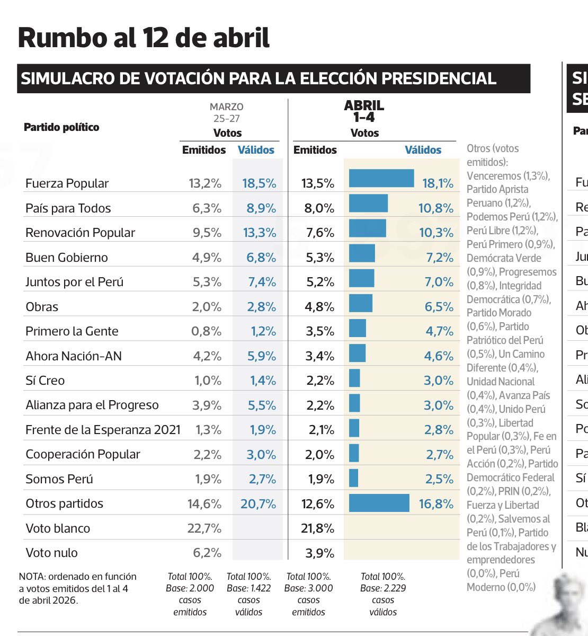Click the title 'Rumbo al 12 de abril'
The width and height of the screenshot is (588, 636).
pos(144,38)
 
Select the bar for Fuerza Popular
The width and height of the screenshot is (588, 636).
pos(381,179)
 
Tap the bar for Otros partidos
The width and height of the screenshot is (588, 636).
pos(379,503)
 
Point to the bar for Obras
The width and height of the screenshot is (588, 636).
pos(361,303)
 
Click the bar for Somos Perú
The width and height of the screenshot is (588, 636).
pos(354,478)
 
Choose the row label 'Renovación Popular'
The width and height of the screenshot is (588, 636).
pos(80,233)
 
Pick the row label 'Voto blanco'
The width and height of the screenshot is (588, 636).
pos(58,528)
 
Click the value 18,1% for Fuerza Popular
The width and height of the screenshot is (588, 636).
pos(438,183)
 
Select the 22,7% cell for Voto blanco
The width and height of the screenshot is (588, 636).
pos(204,528)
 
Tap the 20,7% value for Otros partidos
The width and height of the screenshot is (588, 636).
pos(258,503)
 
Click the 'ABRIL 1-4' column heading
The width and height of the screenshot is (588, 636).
pos(364,111)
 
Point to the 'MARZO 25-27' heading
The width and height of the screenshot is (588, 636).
pos(226,112)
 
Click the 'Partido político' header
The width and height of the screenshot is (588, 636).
pos(61,127)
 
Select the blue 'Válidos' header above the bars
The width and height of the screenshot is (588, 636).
pos(423,150)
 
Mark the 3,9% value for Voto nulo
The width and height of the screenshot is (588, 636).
pos(319,553)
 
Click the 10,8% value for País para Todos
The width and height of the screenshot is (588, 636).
pos(435,208)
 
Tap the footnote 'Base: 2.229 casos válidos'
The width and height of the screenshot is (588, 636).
pos(383,594)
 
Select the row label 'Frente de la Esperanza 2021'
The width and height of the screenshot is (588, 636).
pos(103,430)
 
